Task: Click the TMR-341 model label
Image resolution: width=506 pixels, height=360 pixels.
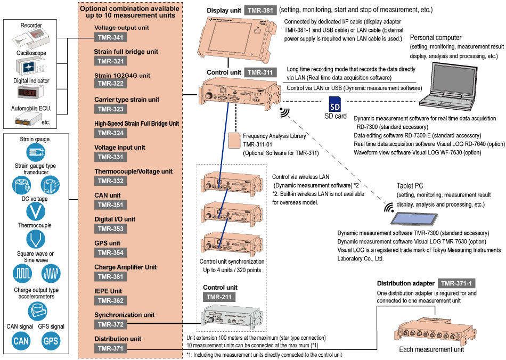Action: (x=111, y=37)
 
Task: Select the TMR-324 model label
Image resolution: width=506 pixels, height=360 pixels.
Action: (x=111, y=133)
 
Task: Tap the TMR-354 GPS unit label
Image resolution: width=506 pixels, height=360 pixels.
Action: (x=111, y=253)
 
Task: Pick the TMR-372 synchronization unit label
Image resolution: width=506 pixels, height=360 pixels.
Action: (x=111, y=324)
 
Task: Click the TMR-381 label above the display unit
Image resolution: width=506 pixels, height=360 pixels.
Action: (x=261, y=11)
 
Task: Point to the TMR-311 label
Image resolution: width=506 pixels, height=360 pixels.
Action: (x=261, y=72)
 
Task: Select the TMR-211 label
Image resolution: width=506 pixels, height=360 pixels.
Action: (x=219, y=297)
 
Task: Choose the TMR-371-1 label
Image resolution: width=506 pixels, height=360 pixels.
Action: (x=456, y=283)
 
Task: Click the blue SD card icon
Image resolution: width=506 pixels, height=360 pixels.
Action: (x=334, y=104)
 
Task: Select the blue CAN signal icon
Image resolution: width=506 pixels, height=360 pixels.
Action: (x=21, y=341)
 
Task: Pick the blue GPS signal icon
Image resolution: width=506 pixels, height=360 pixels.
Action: (x=51, y=341)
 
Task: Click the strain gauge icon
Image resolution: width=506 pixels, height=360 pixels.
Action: (x=36, y=153)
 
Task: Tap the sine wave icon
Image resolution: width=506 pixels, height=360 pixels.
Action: (x=51, y=274)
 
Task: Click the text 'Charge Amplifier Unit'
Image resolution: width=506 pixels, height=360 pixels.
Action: (x=125, y=267)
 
